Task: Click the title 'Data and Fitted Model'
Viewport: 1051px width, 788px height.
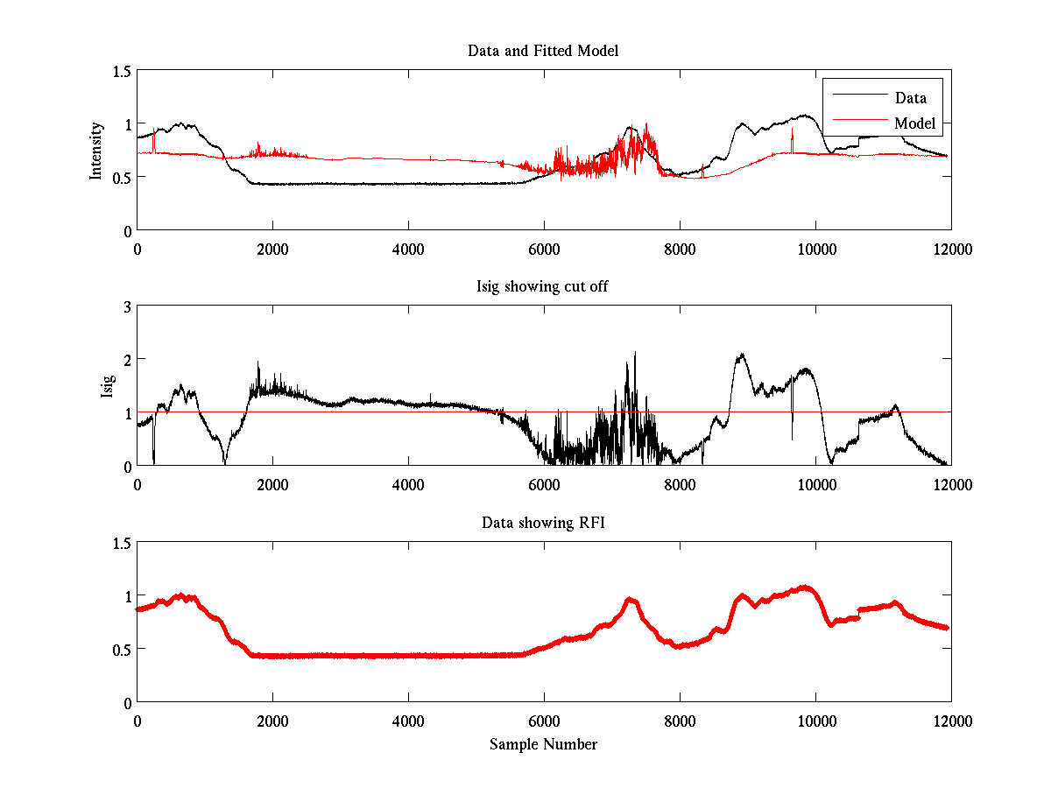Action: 543,51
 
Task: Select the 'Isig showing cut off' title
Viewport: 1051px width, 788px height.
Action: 543,286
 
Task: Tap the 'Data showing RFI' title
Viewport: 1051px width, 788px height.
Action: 543,523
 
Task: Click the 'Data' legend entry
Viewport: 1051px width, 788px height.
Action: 910,98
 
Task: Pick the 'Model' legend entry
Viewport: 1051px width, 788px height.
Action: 914,123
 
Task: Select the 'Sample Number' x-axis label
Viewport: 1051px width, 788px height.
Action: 543,744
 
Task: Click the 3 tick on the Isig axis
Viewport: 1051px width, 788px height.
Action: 127,306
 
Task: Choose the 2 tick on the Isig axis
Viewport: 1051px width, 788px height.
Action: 127,360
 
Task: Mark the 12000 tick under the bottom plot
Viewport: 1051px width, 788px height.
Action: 951,721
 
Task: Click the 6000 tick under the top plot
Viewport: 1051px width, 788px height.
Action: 544,249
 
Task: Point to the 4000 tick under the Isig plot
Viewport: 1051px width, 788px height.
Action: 408,484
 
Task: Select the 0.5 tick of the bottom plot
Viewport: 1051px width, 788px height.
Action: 122,649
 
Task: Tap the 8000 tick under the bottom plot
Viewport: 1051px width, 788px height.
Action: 680,721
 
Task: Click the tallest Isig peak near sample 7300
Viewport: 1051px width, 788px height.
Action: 635,354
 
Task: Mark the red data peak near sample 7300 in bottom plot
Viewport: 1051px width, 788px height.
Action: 631,601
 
